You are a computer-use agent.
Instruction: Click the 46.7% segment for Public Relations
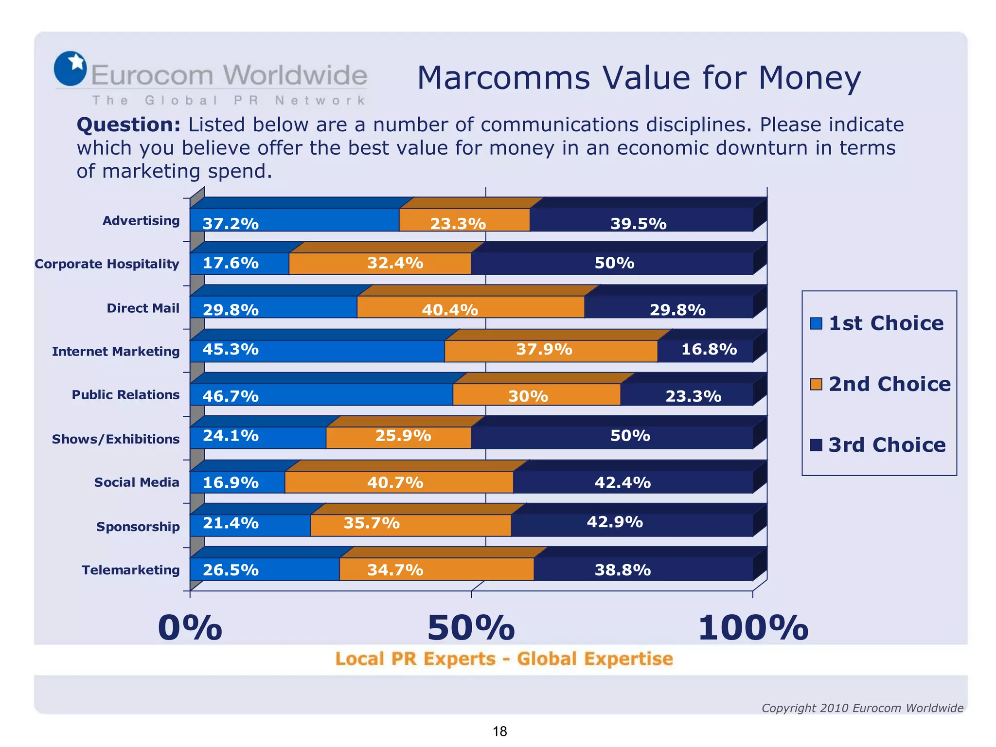pos(321,395)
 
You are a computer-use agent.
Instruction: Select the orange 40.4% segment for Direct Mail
pos(470,307)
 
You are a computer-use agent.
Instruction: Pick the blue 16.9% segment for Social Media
pos(237,482)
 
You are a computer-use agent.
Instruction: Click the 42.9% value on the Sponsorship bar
pos(615,522)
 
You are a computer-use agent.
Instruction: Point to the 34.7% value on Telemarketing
pos(395,570)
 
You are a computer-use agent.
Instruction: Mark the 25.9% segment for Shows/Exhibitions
pos(399,437)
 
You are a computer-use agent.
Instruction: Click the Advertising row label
pos(141,221)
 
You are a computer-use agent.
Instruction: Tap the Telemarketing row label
pos(130,570)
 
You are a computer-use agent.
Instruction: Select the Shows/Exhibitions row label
pos(116,439)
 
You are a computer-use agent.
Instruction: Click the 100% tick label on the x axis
pos(753,628)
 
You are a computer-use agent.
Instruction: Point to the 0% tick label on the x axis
pos(190,628)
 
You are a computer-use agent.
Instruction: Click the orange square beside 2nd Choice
pos(816,384)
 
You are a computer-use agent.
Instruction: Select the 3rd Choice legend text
pos(887,445)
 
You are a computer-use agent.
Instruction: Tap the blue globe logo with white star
pos(70,69)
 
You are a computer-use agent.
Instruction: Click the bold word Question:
pos(128,125)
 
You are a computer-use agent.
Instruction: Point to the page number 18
pos(499,731)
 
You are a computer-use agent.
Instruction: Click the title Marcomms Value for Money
pos(639,78)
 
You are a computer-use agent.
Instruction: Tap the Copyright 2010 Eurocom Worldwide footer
pos(862,708)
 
